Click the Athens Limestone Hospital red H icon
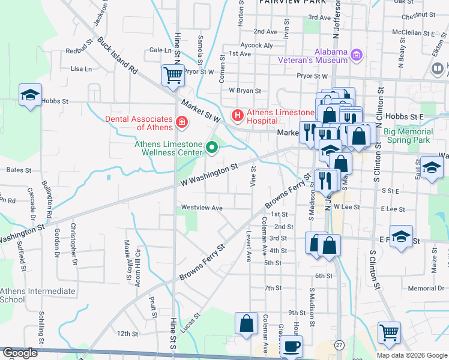click(238, 114)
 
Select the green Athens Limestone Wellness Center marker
click(211, 146)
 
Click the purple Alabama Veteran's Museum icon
click(357, 55)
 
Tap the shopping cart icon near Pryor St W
click(173, 76)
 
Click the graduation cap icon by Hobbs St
click(30, 95)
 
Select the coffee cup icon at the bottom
click(291, 346)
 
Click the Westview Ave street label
click(202, 208)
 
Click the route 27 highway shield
click(340, 345)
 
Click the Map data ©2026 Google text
click(412, 355)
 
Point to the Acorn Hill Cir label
click(137, 264)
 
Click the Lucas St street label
click(190, 320)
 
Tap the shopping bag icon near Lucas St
click(246, 323)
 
